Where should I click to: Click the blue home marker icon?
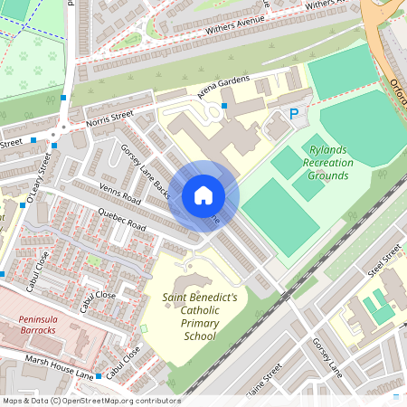tap(203, 195)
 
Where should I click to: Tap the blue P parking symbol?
tap(293, 113)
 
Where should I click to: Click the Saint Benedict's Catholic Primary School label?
tap(200, 316)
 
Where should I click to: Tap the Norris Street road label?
tap(109, 118)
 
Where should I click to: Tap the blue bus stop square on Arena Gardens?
tap(224, 106)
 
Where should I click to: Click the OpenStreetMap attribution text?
tap(90, 400)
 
